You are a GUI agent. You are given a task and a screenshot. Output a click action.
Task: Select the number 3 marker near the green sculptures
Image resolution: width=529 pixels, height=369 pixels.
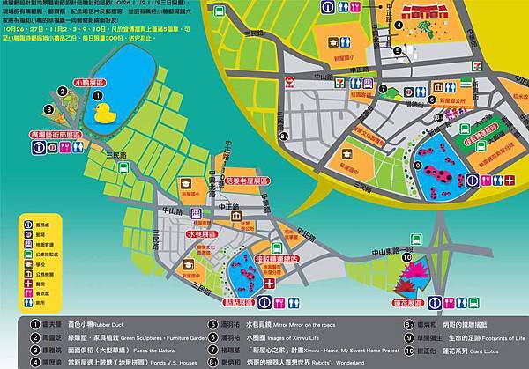[47, 110]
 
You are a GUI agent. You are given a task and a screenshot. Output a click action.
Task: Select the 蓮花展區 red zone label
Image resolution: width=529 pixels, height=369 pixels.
[420, 301]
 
